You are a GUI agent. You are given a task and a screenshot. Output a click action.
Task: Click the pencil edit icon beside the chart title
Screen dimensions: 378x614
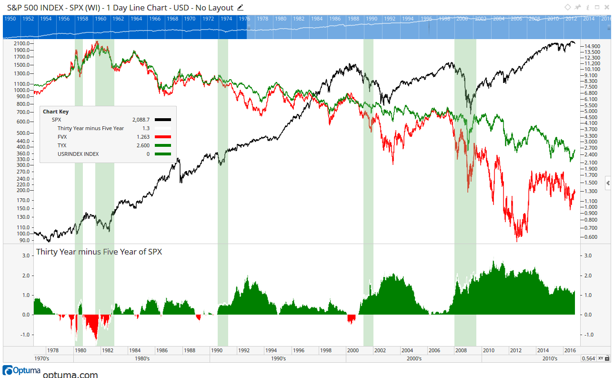(240, 7)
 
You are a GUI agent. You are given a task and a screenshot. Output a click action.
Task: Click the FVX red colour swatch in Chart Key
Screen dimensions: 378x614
(162, 137)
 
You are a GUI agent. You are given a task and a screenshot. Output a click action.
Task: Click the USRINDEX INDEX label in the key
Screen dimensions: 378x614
(78, 154)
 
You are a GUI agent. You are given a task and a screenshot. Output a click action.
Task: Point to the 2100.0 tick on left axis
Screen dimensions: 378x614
(22, 43)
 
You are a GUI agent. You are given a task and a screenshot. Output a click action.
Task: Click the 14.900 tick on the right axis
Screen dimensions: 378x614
(592, 46)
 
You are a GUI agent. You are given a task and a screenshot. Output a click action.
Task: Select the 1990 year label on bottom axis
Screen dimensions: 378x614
(217, 350)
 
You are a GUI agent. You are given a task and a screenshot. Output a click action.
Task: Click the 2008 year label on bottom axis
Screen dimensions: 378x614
(461, 350)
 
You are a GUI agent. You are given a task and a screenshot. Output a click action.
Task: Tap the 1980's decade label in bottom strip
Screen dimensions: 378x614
(142, 358)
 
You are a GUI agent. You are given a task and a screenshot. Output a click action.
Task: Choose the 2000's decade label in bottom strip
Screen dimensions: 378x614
(414, 358)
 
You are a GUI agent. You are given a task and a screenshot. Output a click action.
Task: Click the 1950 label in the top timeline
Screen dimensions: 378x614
(10, 19)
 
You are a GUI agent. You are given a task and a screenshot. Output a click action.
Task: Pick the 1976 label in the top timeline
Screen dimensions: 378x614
(244, 19)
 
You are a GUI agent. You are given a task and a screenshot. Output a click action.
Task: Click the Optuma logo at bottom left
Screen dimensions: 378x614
(21, 370)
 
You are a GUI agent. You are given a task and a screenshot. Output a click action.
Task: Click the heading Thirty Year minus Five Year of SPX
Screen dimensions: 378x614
(99, 252)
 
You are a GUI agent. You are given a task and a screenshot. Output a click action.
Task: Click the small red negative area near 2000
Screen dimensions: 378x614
(352, 318)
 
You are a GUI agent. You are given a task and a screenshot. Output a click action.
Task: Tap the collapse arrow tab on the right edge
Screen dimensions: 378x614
(608, 183)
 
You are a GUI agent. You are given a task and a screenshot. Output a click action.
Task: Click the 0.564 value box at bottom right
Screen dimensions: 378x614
(588, 358)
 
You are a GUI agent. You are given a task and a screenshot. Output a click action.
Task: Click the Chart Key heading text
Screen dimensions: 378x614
(56, 112)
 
